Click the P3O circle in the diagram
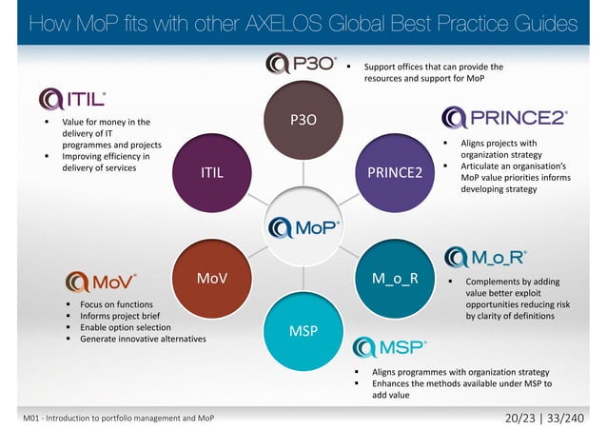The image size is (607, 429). [x=303, y=121]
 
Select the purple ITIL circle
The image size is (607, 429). [x=212, y=173]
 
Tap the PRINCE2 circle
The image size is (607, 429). [x=395, y=173]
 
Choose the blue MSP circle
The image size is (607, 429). [x=303, y=329]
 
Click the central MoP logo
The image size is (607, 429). [x=303, y=227]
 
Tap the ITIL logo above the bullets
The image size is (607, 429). [x=72, y=99]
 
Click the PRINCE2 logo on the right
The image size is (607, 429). [x=505, y=119]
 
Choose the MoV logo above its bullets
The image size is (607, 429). [x=101, y=282]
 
